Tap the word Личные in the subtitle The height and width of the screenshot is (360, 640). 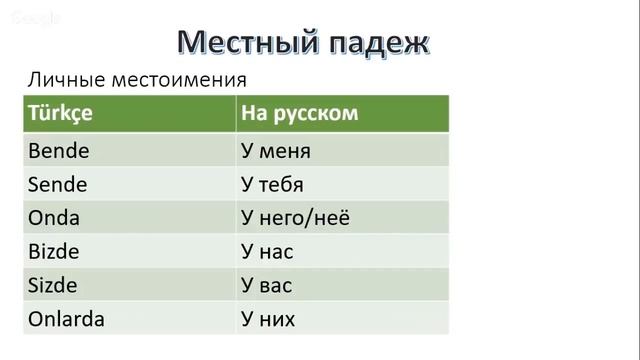(64, 79)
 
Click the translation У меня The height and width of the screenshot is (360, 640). (276, 151)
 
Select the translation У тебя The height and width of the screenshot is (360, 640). (272, 185)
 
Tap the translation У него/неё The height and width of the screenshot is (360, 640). (296, 218)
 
